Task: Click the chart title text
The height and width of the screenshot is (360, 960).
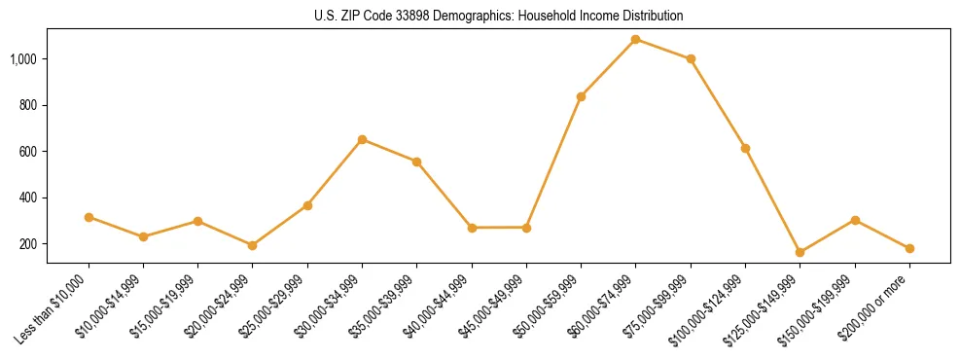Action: click(498, 16)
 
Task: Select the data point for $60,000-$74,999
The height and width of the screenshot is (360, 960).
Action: click(636, 39)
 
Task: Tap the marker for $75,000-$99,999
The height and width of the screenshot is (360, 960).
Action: click(691, 58)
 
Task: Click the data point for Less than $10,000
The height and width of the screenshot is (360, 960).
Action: click(89, 217)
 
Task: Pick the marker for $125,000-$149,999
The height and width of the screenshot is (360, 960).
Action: click(800, 252)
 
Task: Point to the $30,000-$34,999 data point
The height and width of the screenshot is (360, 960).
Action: click(362, 139)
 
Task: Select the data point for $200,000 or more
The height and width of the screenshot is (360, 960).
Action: click(909, 248)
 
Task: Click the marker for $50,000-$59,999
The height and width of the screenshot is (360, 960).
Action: click(581, 96)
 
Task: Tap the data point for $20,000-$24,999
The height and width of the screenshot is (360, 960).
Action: click(253, 245)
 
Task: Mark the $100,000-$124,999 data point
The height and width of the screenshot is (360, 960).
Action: click(745, 148)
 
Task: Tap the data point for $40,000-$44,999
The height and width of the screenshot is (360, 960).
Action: click(472, 228)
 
